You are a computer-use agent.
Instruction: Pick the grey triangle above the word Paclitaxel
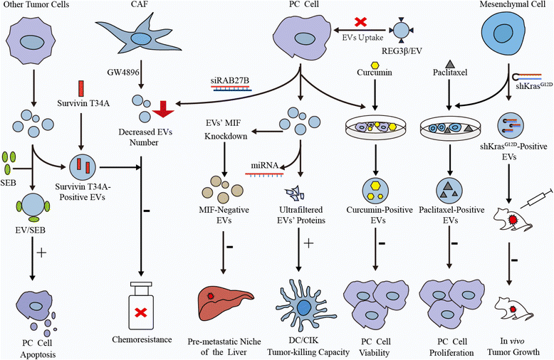pos(451,65)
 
